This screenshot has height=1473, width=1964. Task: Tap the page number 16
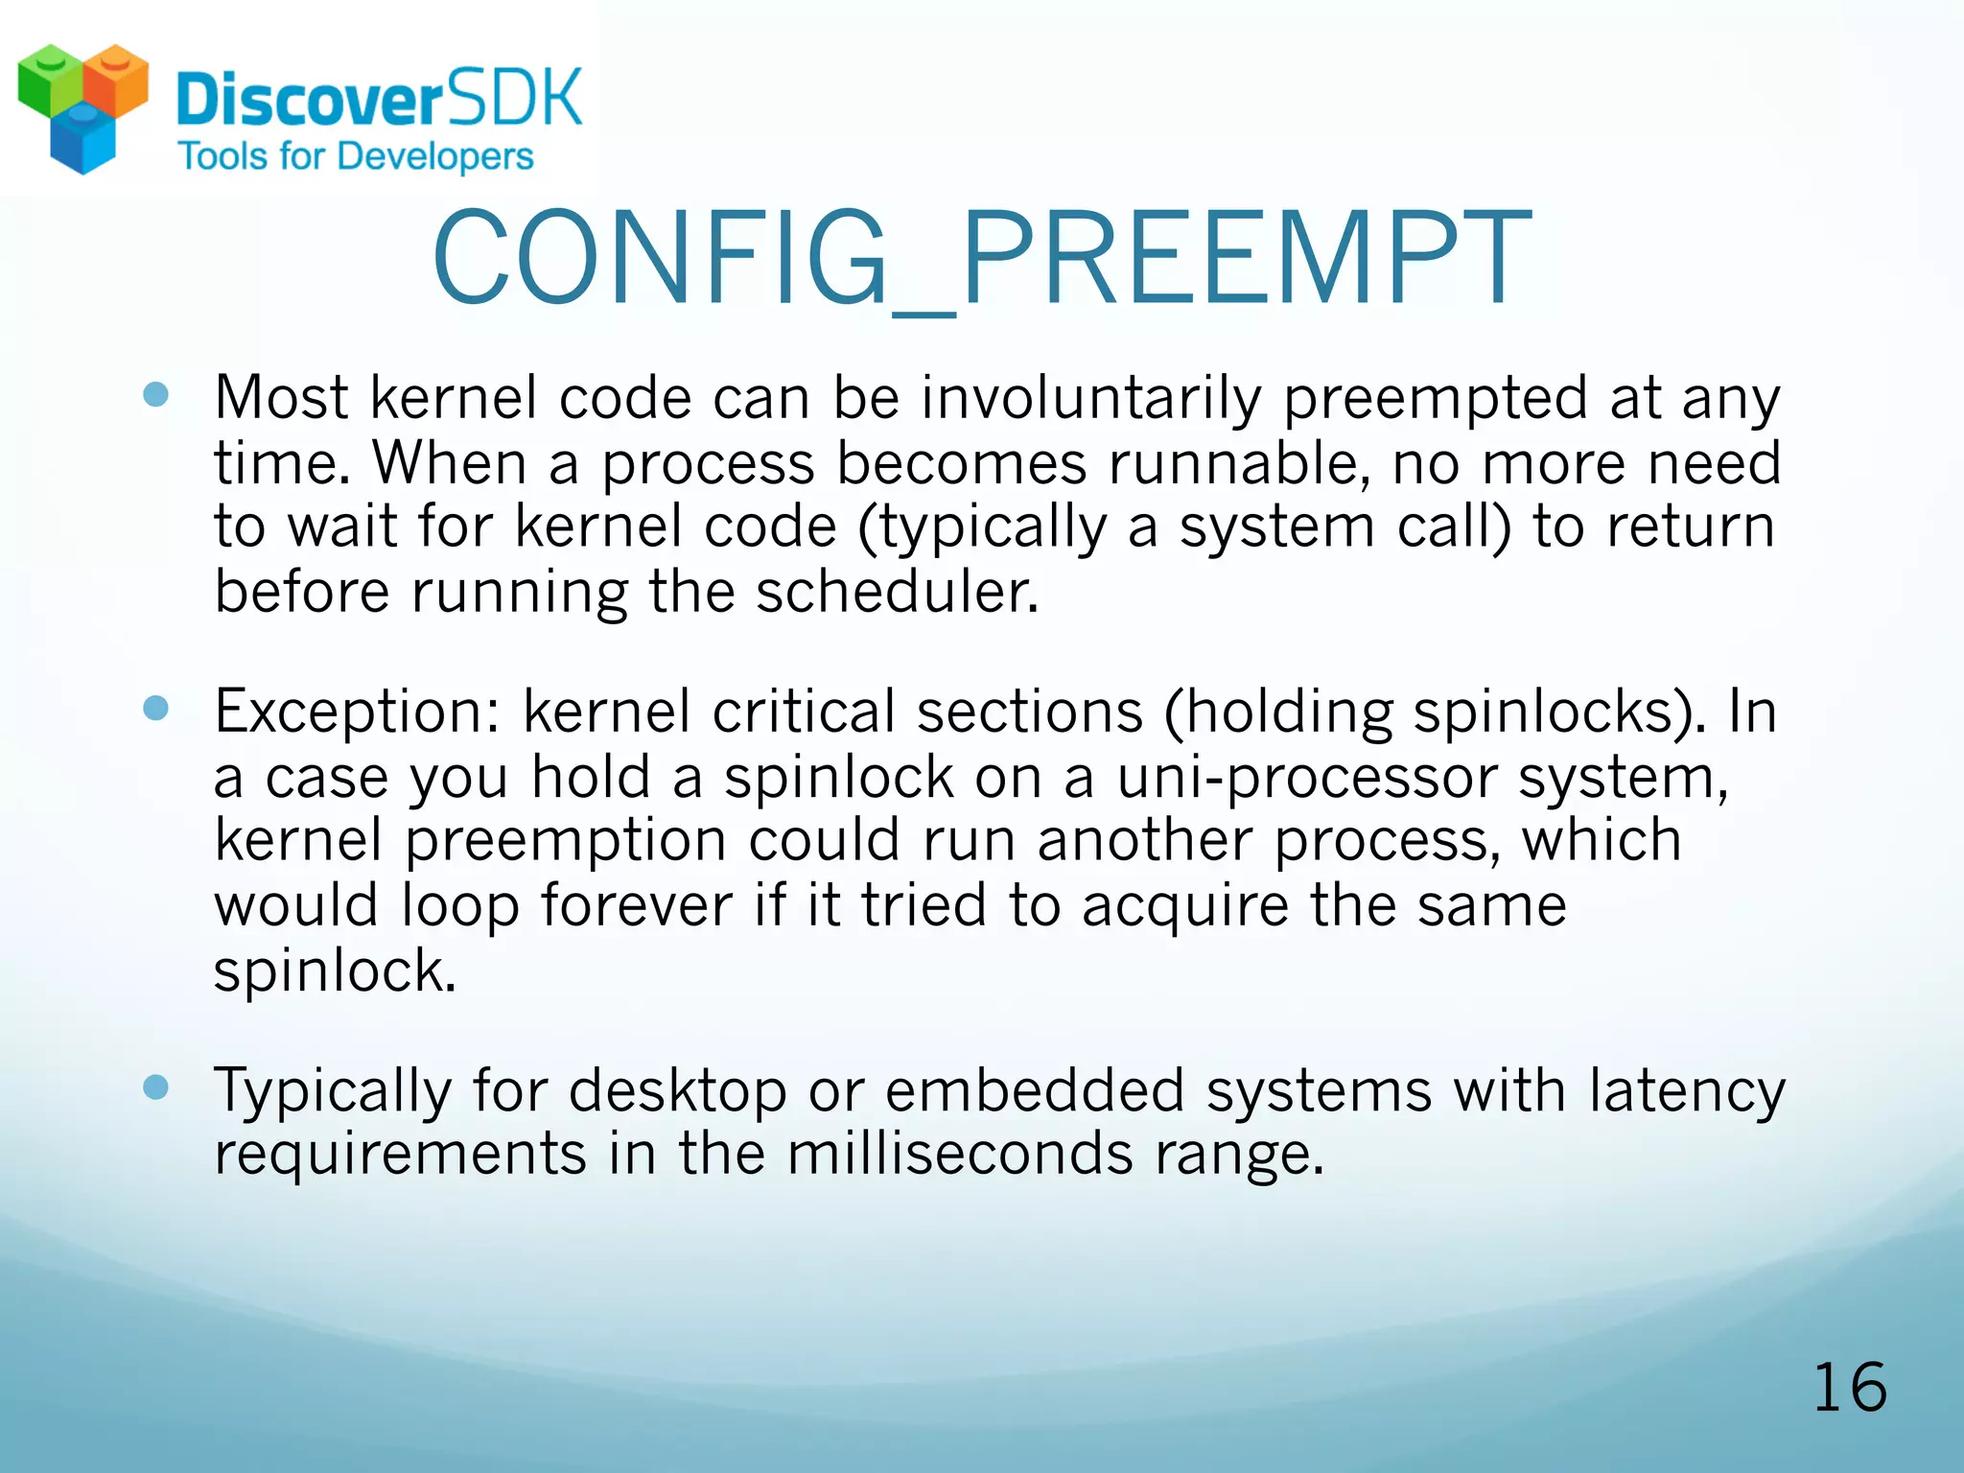[1849, 1388]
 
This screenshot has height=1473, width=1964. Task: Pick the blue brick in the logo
[82, 142]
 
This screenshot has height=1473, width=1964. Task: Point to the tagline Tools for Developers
[356, 156]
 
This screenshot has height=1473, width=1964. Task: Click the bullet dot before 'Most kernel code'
[155, 395]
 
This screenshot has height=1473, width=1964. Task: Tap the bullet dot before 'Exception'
[155, 709]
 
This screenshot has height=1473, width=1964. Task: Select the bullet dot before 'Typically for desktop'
[155, 1087]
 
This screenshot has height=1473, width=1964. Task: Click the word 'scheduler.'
[897, 592]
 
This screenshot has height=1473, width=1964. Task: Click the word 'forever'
[637, 905]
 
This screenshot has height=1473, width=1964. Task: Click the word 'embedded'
[1035, 1090]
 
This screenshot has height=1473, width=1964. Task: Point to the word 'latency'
[1686, 1092]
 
